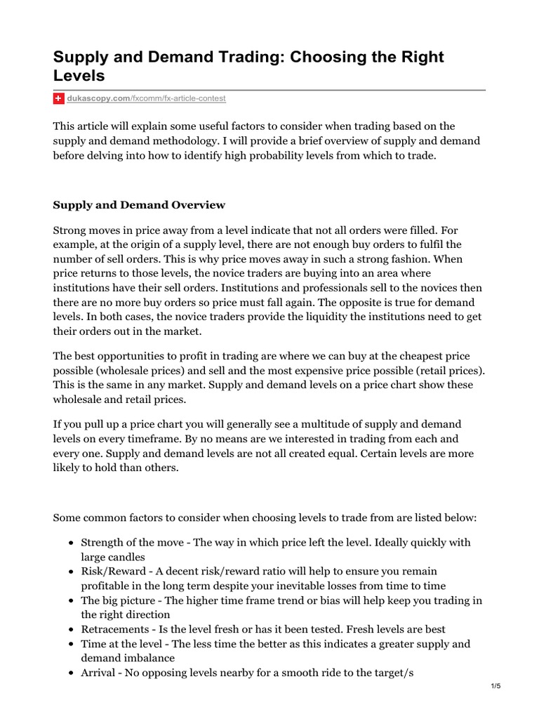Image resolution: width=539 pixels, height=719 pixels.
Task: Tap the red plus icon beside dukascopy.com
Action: pyautogui.click(x=59, y=99)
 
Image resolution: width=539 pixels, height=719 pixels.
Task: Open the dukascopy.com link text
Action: pyautogui.click(x=98, y=99)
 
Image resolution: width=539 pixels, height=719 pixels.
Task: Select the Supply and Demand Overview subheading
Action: pyautogui.click(x=139, y=205)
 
